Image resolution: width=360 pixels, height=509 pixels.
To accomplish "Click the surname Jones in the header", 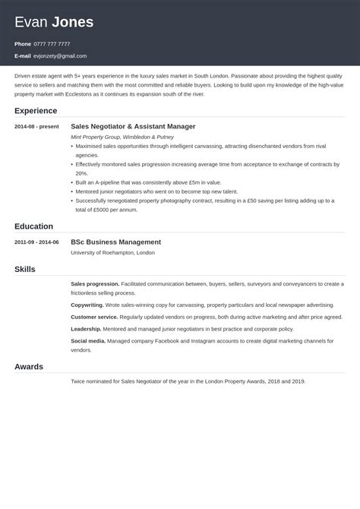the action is (73, 23).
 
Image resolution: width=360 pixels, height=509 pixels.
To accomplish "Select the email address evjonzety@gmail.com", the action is (60, 56).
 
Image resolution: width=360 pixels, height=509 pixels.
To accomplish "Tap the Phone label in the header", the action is (23, 44).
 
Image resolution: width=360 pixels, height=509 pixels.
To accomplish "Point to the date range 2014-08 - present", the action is (35, 126).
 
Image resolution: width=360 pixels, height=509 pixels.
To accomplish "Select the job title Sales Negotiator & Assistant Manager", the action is (133, 126).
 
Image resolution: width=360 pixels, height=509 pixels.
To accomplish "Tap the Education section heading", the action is (33, 226).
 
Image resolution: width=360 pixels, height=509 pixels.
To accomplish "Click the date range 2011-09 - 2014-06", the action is (36, 242).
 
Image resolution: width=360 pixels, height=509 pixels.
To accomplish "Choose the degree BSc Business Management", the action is (115, 242).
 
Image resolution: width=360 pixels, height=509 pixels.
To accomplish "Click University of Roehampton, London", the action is (112, 252).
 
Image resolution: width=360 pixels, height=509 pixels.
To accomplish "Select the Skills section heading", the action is (25, 269).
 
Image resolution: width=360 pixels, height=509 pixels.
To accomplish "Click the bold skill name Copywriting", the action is (88, 304).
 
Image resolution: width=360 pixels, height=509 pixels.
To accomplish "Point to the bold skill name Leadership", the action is (86, 329).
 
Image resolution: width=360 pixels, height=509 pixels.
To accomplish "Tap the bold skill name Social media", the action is (88, 342).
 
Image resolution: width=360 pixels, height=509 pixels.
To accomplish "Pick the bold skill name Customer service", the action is (93, 317).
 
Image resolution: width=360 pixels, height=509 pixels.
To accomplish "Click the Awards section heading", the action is (29, 366).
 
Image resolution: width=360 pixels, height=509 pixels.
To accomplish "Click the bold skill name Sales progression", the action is (95, 283).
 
